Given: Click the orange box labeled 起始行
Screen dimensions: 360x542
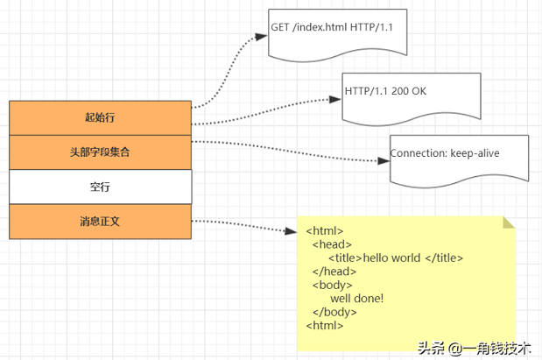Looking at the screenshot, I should [x=100, y=117].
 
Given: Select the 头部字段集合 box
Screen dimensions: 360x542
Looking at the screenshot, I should [x=100, y=152].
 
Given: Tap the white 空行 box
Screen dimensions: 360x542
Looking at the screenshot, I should [x=100, y=187].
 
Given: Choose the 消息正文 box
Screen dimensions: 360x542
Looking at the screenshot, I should [x=100, y=221].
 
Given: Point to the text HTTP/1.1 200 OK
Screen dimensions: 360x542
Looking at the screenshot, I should [x=385, y=90].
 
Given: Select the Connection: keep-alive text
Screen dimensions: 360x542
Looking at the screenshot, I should [x=445, y=153].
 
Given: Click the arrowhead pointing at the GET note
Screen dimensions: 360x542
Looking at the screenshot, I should [x=260, y=37].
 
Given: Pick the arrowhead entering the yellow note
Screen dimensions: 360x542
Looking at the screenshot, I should [x=292, y=231].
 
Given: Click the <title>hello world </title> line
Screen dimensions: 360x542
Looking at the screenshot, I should [x=395, y=258].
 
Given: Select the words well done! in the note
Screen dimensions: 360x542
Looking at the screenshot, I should [x=356, y=299].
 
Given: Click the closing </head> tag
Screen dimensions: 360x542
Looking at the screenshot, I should [x=334, y=272].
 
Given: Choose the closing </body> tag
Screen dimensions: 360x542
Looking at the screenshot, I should [x=334, y=312].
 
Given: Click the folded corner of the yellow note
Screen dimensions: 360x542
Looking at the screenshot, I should [x=509, y=222].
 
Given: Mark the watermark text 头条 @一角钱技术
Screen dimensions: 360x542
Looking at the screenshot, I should [x=474, y=348].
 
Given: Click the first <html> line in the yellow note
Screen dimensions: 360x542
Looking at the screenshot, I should [x=323, y=230].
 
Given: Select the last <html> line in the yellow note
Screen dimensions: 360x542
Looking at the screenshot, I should [x=323, y=326].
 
